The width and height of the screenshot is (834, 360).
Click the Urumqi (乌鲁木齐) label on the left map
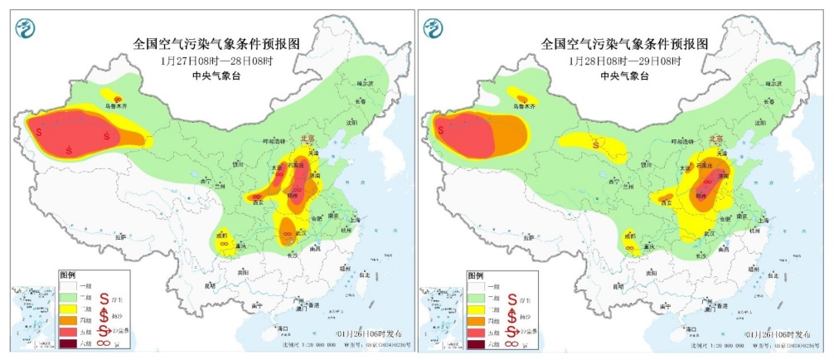(x=116, y=105)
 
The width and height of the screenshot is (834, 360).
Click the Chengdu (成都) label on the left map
(x=222, y=236)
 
